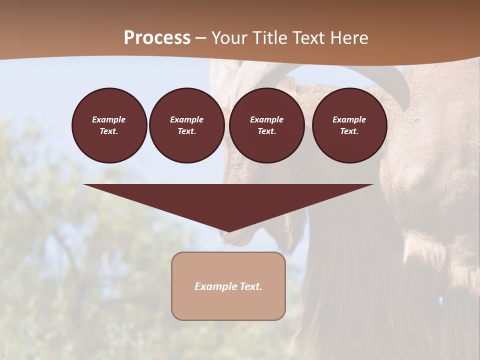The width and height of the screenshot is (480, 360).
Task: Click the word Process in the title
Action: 157,38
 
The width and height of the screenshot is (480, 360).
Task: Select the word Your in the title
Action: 228,38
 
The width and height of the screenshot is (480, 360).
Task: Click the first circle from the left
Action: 109,125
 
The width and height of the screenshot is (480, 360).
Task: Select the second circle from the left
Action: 186,125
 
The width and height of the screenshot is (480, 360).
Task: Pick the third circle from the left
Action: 266,125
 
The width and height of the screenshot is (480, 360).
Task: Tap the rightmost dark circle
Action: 349,125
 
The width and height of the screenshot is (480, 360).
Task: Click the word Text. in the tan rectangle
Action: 251,286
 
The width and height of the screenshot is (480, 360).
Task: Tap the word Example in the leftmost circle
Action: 109,119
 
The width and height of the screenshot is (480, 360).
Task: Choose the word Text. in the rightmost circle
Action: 349,131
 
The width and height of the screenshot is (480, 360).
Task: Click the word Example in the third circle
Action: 266,119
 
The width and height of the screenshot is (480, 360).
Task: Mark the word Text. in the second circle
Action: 186,131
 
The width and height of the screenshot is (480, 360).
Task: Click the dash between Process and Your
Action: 200,38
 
